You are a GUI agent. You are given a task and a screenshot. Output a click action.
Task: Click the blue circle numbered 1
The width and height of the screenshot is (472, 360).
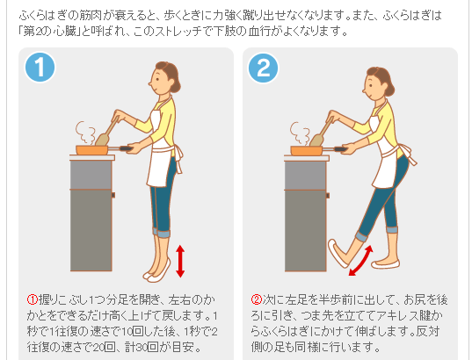pyautogui.click(x=40, y=68)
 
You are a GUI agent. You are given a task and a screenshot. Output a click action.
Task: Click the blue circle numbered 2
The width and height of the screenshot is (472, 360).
pyautogui.click(x=264, y=68)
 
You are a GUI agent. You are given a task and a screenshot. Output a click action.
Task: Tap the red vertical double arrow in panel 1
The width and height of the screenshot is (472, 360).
pyautogui.click(x=180, y=261)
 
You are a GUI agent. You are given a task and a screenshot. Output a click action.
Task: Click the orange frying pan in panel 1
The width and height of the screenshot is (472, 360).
pyautogui.click(x=91, y=150)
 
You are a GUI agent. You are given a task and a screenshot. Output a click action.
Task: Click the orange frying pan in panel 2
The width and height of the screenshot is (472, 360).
pyautogui.click(x=307, y=150)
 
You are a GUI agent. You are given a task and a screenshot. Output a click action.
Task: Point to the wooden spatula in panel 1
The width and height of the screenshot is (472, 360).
pyautogui.click(x=107, y=132)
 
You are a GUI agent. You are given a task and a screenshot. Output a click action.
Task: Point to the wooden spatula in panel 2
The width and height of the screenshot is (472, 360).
pyautogui.click(x=322, y=133)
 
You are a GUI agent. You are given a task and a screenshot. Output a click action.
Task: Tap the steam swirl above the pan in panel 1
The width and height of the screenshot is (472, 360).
pyautogui.click(x=85, y=133)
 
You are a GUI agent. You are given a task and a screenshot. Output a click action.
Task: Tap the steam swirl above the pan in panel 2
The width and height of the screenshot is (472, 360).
pyautogui.click(x=300, y=133)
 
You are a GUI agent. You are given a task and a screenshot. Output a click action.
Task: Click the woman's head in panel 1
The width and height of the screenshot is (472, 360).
pyautogui.click(x=164, y=77)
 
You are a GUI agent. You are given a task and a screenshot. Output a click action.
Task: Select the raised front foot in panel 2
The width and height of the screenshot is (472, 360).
pyautogui.click(x=338, y=253)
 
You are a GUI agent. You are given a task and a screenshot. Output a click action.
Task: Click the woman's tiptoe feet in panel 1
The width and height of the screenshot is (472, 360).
pyautogui.click(x=156, y=270)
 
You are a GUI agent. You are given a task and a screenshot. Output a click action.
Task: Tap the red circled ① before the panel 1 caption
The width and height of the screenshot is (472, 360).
pyautogui.click(x=33, y=299)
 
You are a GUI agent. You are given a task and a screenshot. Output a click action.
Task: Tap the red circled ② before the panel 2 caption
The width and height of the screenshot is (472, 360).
pyautogui.click(x=257, y=299)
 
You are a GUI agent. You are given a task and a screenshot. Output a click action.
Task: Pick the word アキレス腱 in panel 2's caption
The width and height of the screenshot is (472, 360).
pyautogui.click(x=404, y=315)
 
